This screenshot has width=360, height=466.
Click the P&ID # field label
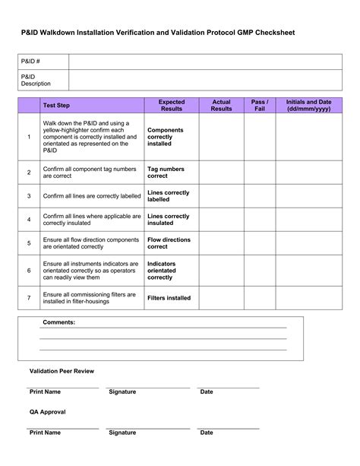(30, 62)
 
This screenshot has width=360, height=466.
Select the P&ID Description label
(35, 80)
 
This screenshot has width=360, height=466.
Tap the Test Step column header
(56, 106)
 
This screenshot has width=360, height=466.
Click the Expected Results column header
(171, 106)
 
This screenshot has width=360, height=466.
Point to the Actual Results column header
(221, 106)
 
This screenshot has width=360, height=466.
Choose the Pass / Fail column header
(260, 106)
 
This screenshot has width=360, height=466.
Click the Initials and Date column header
(309, 106)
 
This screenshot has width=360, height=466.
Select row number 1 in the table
(29, 137)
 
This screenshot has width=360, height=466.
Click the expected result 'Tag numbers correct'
(166, 173)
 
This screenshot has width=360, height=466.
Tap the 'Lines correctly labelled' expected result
(169, 196)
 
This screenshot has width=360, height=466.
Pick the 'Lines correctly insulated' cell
(169, 220)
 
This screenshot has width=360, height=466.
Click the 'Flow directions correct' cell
(169, 243)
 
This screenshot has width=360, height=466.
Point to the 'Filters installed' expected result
(169, 298)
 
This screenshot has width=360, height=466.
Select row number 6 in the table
(29, 270)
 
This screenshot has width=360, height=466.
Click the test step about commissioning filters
(90, 298)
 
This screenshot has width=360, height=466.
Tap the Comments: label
(58, 322)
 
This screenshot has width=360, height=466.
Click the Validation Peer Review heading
(62, 371)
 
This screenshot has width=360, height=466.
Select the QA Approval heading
(48, 412)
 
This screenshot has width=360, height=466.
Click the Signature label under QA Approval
(122, 433)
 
